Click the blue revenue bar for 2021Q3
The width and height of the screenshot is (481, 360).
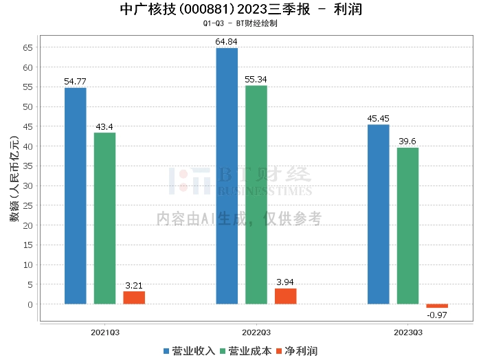pyautogui.click(x=76, y=196)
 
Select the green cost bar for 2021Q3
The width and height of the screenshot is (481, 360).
pyautogui.click(x=104, y=218)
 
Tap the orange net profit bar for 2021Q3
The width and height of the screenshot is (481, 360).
pyautogui.click(x=134, y=297)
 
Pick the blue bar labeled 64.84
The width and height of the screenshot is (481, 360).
pyautogui.click(x=227, y=176)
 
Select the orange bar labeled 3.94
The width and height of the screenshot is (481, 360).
pyautogui.click(x=285, y=296)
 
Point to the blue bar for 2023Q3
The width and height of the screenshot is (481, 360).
pyautogui.click(x=378, y=214)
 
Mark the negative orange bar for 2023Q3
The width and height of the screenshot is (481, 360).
pyautogui.click(x=437, y=306)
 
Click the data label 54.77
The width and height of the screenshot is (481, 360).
pyautogui.click(x=76, y=82)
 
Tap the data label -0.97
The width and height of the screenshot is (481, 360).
pyautogui.click(x=437, y=315)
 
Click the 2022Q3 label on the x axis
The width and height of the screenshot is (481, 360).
pyautogui.click(x=256, y=332)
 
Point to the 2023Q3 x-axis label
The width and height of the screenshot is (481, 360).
pyautogui.click(x=407, y=332)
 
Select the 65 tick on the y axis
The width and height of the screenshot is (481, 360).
pyautogui.click(x=28, y=47)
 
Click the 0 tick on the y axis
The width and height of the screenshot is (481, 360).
pyautogui.click(x=30, y=304)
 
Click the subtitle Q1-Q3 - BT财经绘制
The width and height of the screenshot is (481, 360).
pyautogui.click(x=240, y=23)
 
